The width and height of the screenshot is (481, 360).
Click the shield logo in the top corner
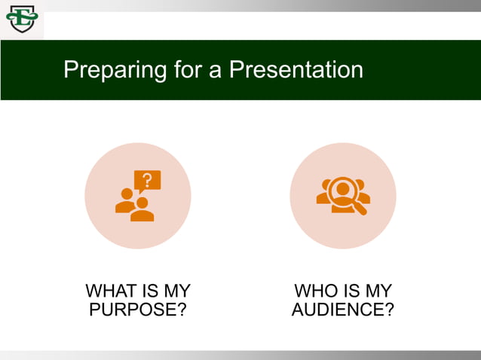coord(21,19)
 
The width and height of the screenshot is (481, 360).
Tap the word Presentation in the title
coord(296,70)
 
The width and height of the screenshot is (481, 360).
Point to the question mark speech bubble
coord(147,181)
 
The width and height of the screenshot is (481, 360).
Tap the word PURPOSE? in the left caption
coord(138,310)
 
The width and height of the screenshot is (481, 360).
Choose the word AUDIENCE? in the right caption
coord(342,310)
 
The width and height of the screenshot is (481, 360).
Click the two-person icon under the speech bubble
coord(134,206)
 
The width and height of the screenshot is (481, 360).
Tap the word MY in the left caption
coord(176,291)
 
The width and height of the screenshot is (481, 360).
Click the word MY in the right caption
coord(378,291)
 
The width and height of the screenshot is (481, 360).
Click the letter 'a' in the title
coord(215,70)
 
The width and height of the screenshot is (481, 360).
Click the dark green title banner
coord(422,70)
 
